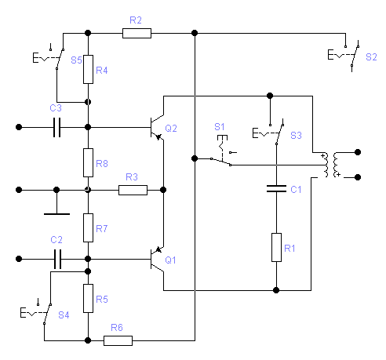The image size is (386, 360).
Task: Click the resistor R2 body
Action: [x=137, y=33]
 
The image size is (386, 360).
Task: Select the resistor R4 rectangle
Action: [x=88, y=69]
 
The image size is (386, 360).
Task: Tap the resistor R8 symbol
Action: [x=88, y=162]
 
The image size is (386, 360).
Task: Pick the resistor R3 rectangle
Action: [x=133, y=190]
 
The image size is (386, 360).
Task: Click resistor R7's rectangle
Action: [x=88, y=227]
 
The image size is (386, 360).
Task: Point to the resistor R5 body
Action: [x=88, y=298]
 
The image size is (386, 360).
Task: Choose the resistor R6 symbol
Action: [x=118, y=340]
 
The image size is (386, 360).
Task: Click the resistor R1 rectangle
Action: [x=276, y=247]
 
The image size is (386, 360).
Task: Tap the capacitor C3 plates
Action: [x=57, y=127]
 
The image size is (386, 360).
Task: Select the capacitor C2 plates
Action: [x=57, y=259]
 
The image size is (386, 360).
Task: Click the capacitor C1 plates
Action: [x=276, y=189]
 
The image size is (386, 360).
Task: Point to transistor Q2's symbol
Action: [x=157, y=128]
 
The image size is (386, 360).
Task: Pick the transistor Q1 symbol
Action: [x=157, y=259]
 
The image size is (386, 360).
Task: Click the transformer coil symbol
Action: [x=331, y=165]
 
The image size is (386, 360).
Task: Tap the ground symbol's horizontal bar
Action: [x=56, y=214]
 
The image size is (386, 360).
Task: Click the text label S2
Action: [x=371, y=57]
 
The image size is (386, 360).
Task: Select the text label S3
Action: [x=296, y=135]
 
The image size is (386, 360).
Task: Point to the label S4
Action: [x=64, y=315]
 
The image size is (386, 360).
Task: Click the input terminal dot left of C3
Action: [x=19, y=127]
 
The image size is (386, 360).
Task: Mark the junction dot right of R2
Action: [x=195, y=33]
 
